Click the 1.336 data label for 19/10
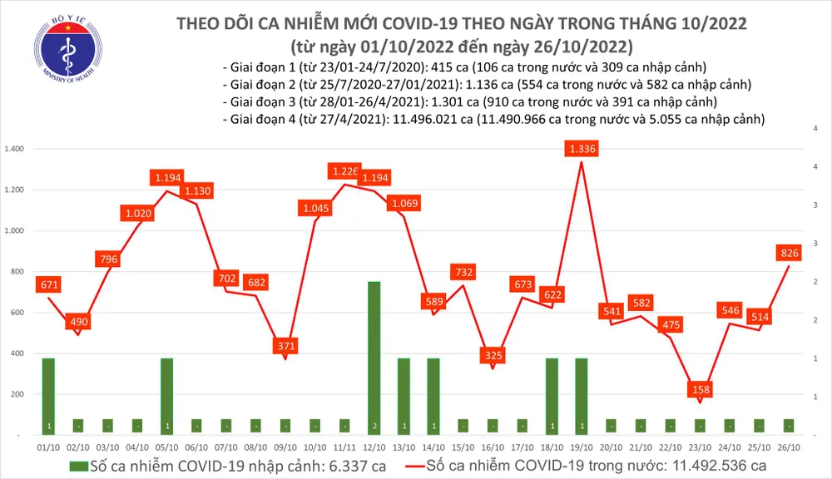(x=581, y=149)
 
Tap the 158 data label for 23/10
(x=700, y=389)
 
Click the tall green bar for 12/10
(x=374, y=358)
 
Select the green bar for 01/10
(x=48, y=396)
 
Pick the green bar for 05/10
(x=166, y=396)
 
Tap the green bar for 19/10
(x=581, y=396)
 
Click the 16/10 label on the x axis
(x=492, y=447)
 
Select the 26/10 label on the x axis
(x=788, y=447)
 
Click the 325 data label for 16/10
(x=493, y=356)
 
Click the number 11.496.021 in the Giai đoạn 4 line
(x=425, y=120)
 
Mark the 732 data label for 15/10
(x=463, y=272)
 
